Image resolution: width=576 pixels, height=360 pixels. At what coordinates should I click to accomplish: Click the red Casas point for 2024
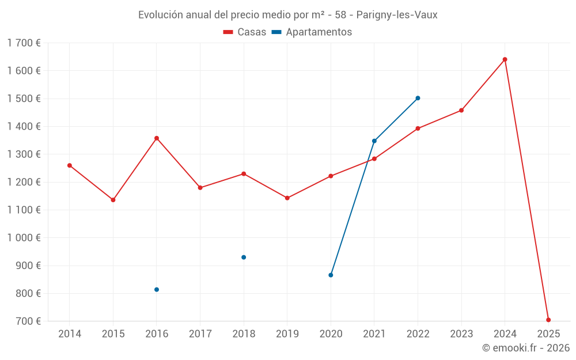(x=505, y=59)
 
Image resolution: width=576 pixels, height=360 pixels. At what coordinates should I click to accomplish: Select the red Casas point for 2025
(x=548, y=320)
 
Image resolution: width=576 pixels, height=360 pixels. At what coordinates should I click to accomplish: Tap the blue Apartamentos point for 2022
(x=418, y=98)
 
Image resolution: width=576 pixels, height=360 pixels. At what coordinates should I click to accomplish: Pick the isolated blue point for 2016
(x=157, y=289)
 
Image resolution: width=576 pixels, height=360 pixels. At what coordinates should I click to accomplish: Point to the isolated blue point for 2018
(x=244, y=257)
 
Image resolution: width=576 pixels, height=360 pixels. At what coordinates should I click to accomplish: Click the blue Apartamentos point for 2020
(x=331, y=275)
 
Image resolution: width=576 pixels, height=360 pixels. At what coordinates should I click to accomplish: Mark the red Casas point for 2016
(x=157, y=138)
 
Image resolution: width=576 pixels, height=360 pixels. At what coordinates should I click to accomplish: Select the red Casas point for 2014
(x=70, y=165)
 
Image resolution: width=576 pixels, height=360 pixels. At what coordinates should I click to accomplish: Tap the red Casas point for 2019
(x=287, y=198)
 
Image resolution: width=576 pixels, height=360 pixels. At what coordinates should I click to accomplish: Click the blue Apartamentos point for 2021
(x=374, y=141)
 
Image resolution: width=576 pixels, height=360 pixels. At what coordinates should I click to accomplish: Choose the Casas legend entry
(x=245, y=32)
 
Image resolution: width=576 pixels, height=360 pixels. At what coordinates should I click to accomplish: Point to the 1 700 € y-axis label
(x=24, y=43)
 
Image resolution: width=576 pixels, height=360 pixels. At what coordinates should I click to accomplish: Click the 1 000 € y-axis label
(x=24, y=238)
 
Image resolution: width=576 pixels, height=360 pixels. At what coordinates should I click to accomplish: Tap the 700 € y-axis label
(x=27, y=321)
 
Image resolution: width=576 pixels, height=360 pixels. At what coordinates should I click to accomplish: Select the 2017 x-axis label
(x=200, y=334)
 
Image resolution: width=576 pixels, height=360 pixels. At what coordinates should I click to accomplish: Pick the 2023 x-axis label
(x=461, y=334)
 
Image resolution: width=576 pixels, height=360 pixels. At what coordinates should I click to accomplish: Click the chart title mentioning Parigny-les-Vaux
(x=287, y=15)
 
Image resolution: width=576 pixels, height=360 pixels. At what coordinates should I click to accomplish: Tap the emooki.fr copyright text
(x=525, y=348)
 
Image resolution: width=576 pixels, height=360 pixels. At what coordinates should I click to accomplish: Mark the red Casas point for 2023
(x=461, y=110)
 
